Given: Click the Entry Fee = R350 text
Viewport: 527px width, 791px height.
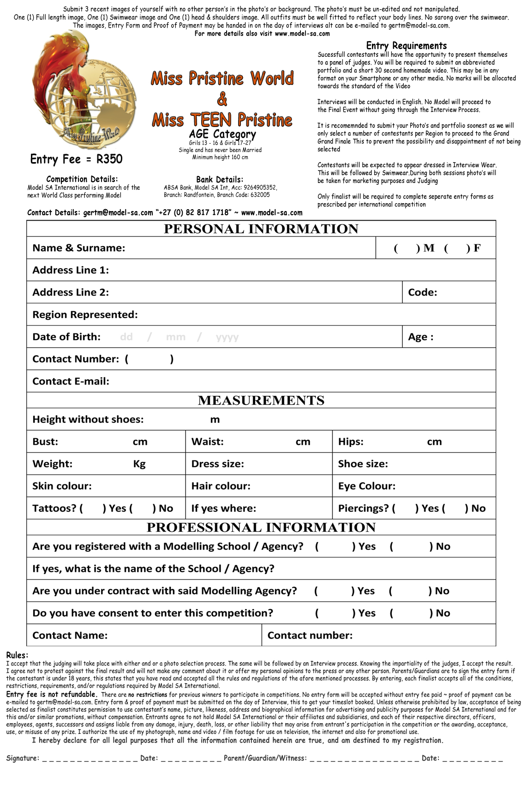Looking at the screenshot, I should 76,159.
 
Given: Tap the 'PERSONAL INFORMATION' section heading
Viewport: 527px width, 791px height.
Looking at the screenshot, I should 261,229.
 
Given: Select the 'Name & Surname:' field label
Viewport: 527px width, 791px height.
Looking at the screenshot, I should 78,248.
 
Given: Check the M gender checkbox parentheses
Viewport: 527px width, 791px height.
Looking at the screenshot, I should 406,248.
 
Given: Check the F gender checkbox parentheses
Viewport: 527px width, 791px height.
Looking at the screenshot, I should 457,248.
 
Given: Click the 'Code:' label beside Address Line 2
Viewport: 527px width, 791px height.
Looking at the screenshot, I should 422,292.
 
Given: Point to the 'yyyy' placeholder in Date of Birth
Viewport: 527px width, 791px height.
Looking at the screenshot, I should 227,337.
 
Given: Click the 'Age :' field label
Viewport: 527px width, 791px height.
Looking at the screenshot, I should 420,337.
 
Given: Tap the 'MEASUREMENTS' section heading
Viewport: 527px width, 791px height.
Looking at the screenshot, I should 261,400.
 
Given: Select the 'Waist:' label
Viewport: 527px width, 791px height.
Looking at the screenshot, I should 207,442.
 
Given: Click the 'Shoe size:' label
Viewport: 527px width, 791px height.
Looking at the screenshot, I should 363,464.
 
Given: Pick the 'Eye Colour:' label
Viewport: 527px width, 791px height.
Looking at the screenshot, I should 366,486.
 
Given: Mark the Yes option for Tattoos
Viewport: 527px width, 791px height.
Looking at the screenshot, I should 93,508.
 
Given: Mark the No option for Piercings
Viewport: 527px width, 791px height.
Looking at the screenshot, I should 455,508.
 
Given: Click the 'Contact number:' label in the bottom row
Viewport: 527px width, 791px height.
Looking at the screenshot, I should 310,635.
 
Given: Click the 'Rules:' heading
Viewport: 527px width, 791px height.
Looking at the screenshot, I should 17,655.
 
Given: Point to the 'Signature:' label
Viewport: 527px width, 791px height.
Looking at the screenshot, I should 23,758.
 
